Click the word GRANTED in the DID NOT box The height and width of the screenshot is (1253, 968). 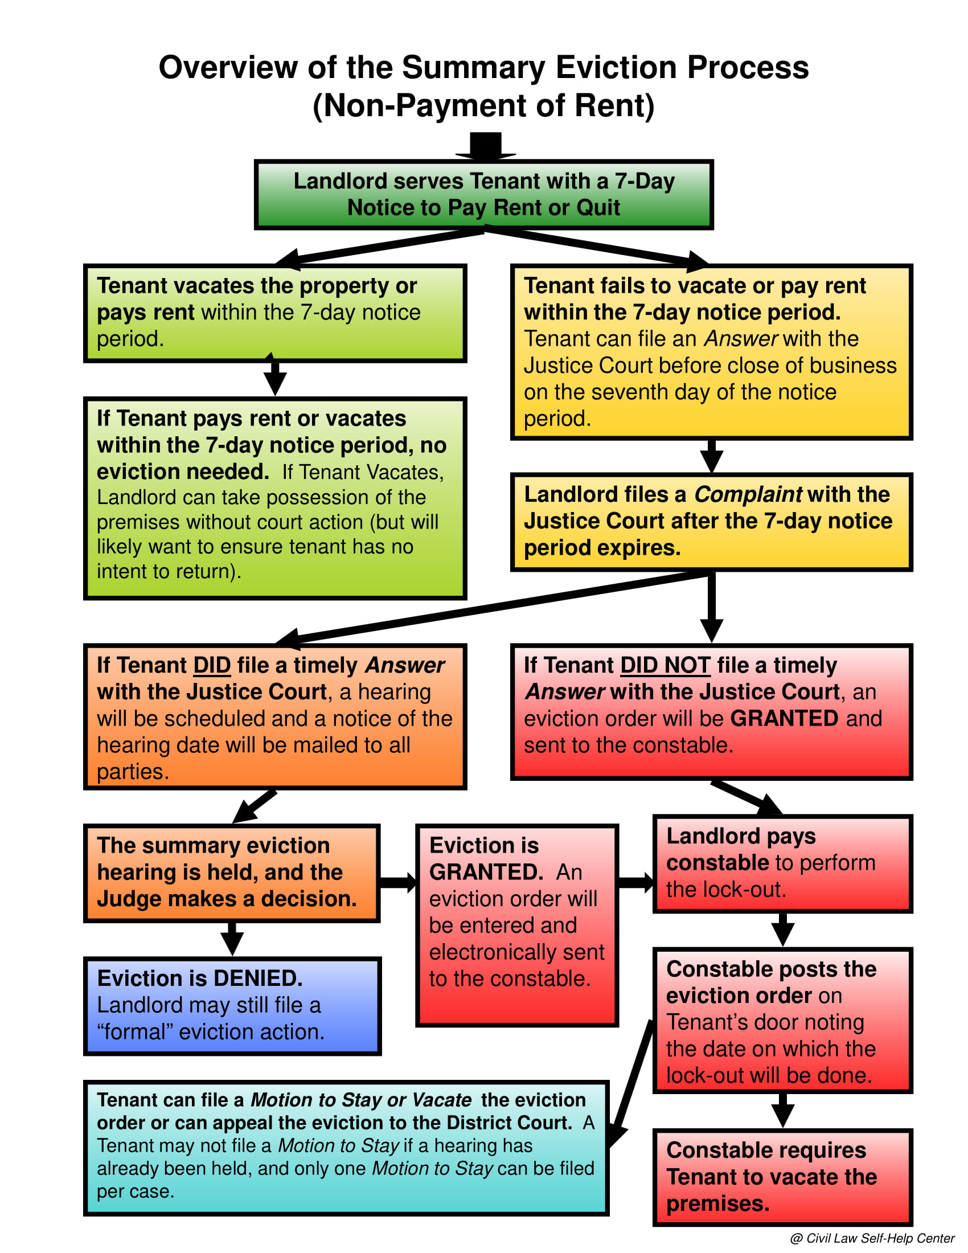(784, 718)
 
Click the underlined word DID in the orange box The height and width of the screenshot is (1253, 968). (212, 665)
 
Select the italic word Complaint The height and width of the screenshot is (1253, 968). (748, 494)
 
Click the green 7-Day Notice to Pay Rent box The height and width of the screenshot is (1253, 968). (483, 194)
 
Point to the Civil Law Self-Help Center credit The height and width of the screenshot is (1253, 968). (872, 1238)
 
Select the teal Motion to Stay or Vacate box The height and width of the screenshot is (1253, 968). (346, 1148)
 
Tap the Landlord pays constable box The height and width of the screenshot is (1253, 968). (782, 863)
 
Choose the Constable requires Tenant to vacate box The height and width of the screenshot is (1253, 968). (782, 1177)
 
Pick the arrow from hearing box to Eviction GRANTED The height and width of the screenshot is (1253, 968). (397, 882)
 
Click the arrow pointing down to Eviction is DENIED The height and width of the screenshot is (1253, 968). (232, 939)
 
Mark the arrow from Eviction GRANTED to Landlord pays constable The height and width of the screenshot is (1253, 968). (635, 882)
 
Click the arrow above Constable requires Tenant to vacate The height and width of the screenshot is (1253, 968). (782, 1111)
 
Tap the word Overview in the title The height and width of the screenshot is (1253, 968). (228, 68)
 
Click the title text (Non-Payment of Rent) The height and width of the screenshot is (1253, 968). (483, 106)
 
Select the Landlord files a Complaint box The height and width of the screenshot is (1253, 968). (711, 522)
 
